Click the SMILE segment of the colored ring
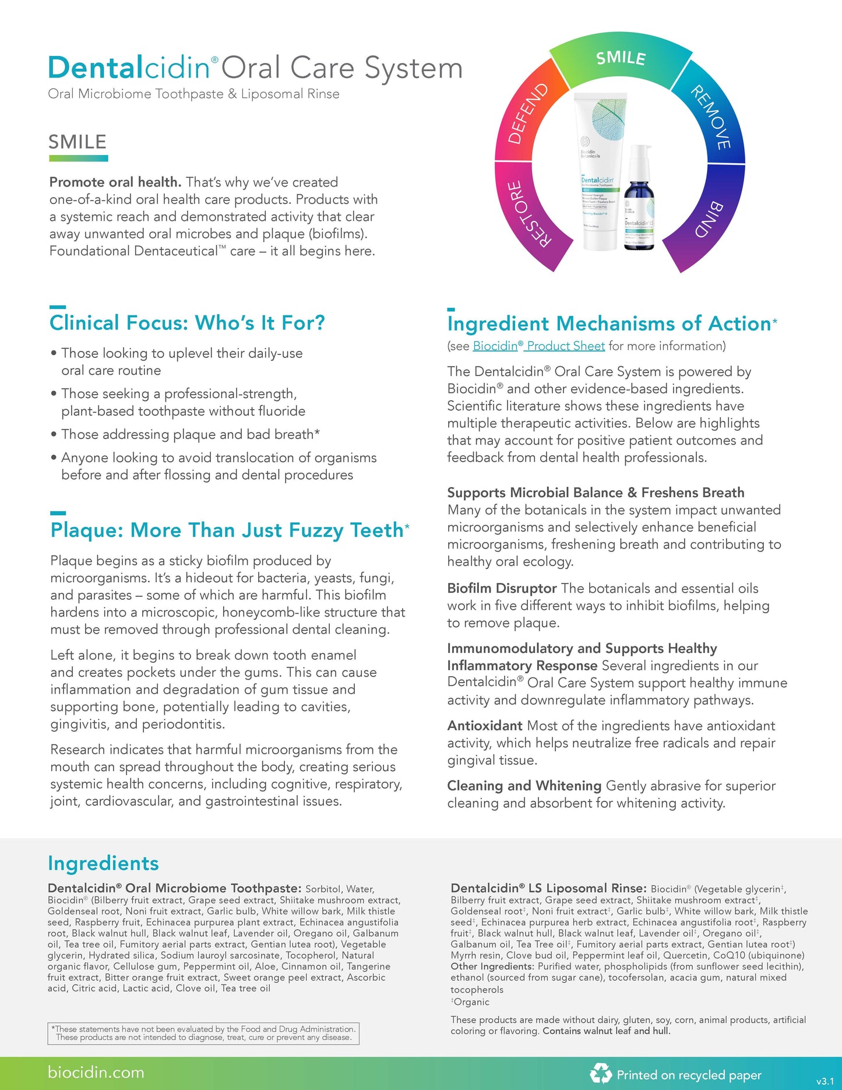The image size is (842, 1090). (621, 58)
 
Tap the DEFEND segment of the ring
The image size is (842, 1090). (528, 114)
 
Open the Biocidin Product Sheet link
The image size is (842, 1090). (538, 346)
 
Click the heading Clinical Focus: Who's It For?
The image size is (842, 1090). (187, 323)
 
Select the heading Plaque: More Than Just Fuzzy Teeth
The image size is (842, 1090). (227, 530)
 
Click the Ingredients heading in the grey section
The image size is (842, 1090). (103, 863)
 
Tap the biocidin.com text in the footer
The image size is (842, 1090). (96, 1073)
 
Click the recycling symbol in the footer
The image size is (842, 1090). (600, 1073)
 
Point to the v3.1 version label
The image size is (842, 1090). (825, 1081)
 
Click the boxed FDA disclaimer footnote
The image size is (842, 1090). (203, 1033)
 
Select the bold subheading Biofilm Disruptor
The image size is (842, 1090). (502, 588)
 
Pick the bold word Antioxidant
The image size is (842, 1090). (484, 726)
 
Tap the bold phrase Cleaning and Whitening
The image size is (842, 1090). (524, 786)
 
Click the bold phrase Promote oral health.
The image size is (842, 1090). (115, 182)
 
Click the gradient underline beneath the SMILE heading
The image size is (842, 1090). (78, 158)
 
